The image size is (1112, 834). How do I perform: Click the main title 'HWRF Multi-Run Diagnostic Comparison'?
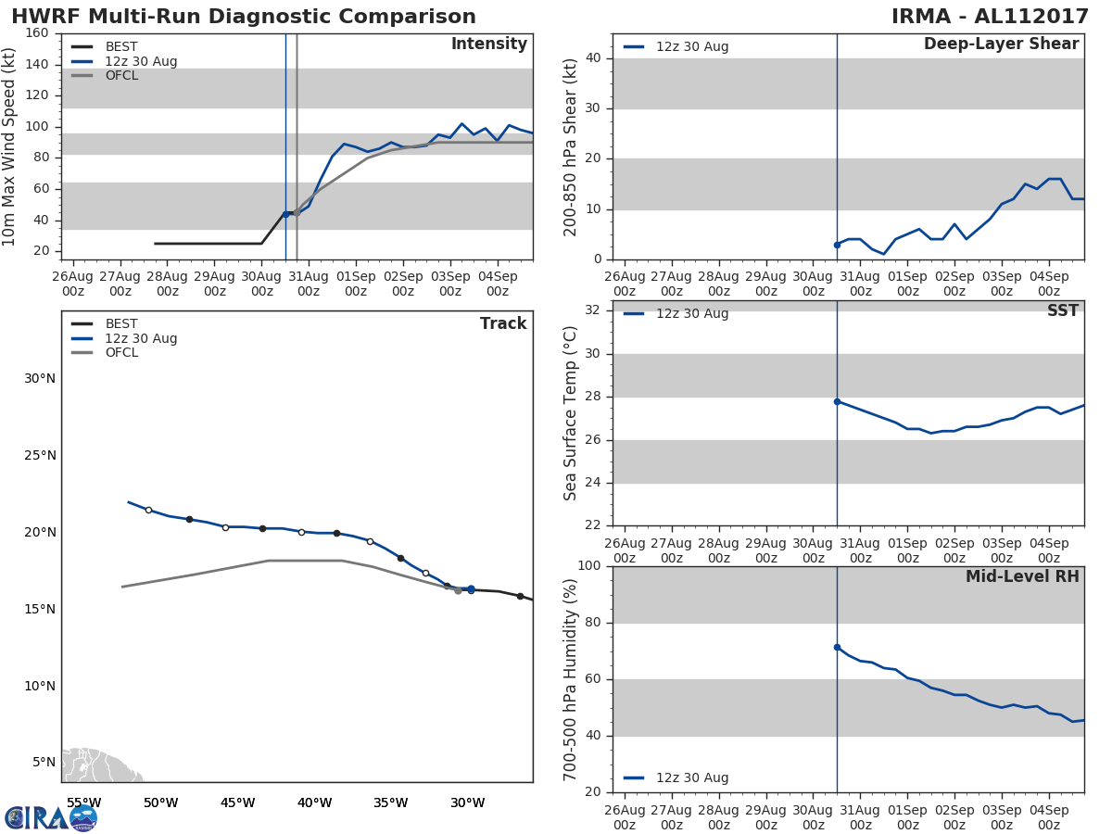coord(244,17)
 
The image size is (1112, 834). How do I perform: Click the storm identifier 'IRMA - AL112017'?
coord(990,17)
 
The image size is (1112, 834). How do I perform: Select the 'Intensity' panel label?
coord(488,44)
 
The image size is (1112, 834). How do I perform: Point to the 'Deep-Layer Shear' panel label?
coord(1001,44)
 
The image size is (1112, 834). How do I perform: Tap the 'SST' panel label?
coord(1062,311)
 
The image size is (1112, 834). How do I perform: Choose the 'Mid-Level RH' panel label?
coord(1022,576)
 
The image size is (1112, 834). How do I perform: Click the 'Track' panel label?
coord(502,323)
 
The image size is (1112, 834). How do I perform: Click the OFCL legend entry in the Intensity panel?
coord(121,76)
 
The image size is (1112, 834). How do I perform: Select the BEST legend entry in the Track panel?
coord(121,324)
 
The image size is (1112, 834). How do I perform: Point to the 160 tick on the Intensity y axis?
coord(37,33)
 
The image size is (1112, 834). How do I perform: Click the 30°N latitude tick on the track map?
coord(40,378)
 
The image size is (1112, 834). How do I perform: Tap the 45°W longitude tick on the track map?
coord(237,802)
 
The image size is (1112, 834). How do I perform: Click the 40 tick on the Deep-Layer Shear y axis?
coord(594,58)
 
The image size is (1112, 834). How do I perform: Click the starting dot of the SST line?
coord(837,401)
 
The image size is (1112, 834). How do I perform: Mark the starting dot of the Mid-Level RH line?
coord(837,647)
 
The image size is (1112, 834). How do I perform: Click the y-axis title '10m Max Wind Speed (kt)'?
coord(10,146)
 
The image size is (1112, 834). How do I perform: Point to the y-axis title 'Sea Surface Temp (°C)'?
coord(571,412)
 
